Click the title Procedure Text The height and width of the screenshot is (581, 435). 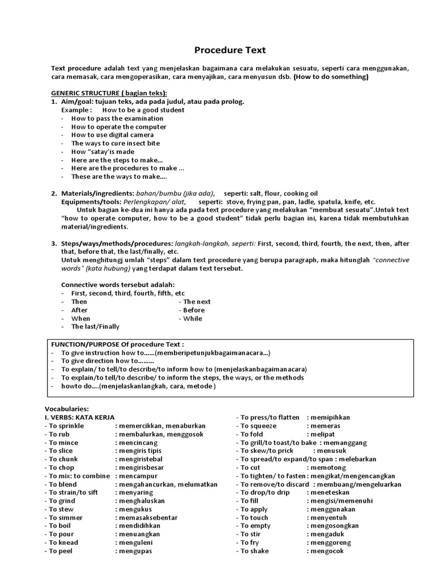[222, 50]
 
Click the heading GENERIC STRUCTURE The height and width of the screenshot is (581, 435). [109, 94]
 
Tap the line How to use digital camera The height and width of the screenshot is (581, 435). [112, 135]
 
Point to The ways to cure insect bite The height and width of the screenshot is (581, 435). [116, 144]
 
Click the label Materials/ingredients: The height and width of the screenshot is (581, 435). [97, 193]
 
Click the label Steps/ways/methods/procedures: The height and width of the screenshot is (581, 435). [117, 243]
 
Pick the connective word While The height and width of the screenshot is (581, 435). [193, 318]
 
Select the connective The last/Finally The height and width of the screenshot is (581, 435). [95, 327]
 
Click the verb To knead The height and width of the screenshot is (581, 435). [63, 542]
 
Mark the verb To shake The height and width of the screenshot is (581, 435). [255, 551]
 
